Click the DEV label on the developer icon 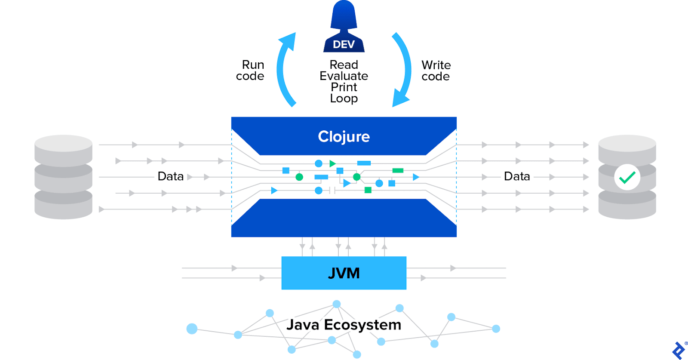click(x=344, y=45)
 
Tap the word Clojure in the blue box click(x=344, y=136)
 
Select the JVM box click(x=344, y=273)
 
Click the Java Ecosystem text click(x=344, y=325)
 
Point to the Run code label click(x=251, y=71)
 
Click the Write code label click(x=436, y=71)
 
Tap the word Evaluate click(x=344, y=76)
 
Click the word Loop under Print click(x=344, y=98)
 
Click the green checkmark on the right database click(x=627, y=177)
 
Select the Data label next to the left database click(x=170, y=176)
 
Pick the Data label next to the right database click(x=516, y=176)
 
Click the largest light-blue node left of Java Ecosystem click(x=192, y=329)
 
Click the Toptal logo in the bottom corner click(x=679, y=350)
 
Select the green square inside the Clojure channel click(x=368, y=190)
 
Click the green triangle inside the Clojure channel click(x=332, y=163)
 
